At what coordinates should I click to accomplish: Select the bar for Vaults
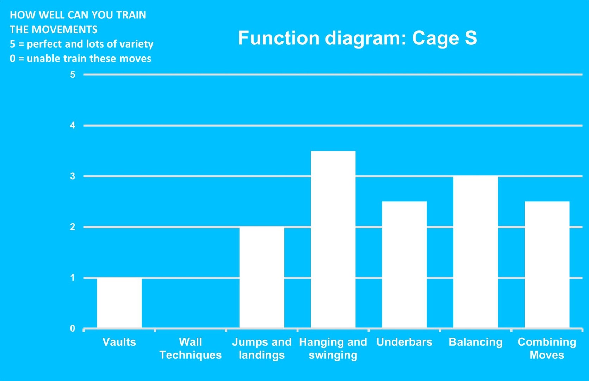click(119, 303)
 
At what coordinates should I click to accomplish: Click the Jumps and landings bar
click(262, 278)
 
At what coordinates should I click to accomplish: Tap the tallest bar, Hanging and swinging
click(333, 239)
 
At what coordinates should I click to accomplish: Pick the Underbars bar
click(404, 265)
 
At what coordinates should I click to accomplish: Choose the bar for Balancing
click(476, 252)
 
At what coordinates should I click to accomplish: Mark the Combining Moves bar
click(547, 265)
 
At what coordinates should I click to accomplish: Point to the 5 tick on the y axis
click(73, 75)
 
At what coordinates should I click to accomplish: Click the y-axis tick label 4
click(73, 125)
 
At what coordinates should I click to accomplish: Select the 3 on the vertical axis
click(73, 176)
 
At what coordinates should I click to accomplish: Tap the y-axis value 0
click(73, 328)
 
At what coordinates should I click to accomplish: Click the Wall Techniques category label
click(190, 348)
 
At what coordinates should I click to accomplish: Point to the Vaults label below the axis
click(119, 342)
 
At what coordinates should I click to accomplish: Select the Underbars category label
click(404, 342)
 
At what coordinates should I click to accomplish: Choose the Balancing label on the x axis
click(476, 343)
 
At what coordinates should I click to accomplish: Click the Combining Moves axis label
click(547, 348)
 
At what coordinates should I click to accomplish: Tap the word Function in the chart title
click(279, 38)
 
